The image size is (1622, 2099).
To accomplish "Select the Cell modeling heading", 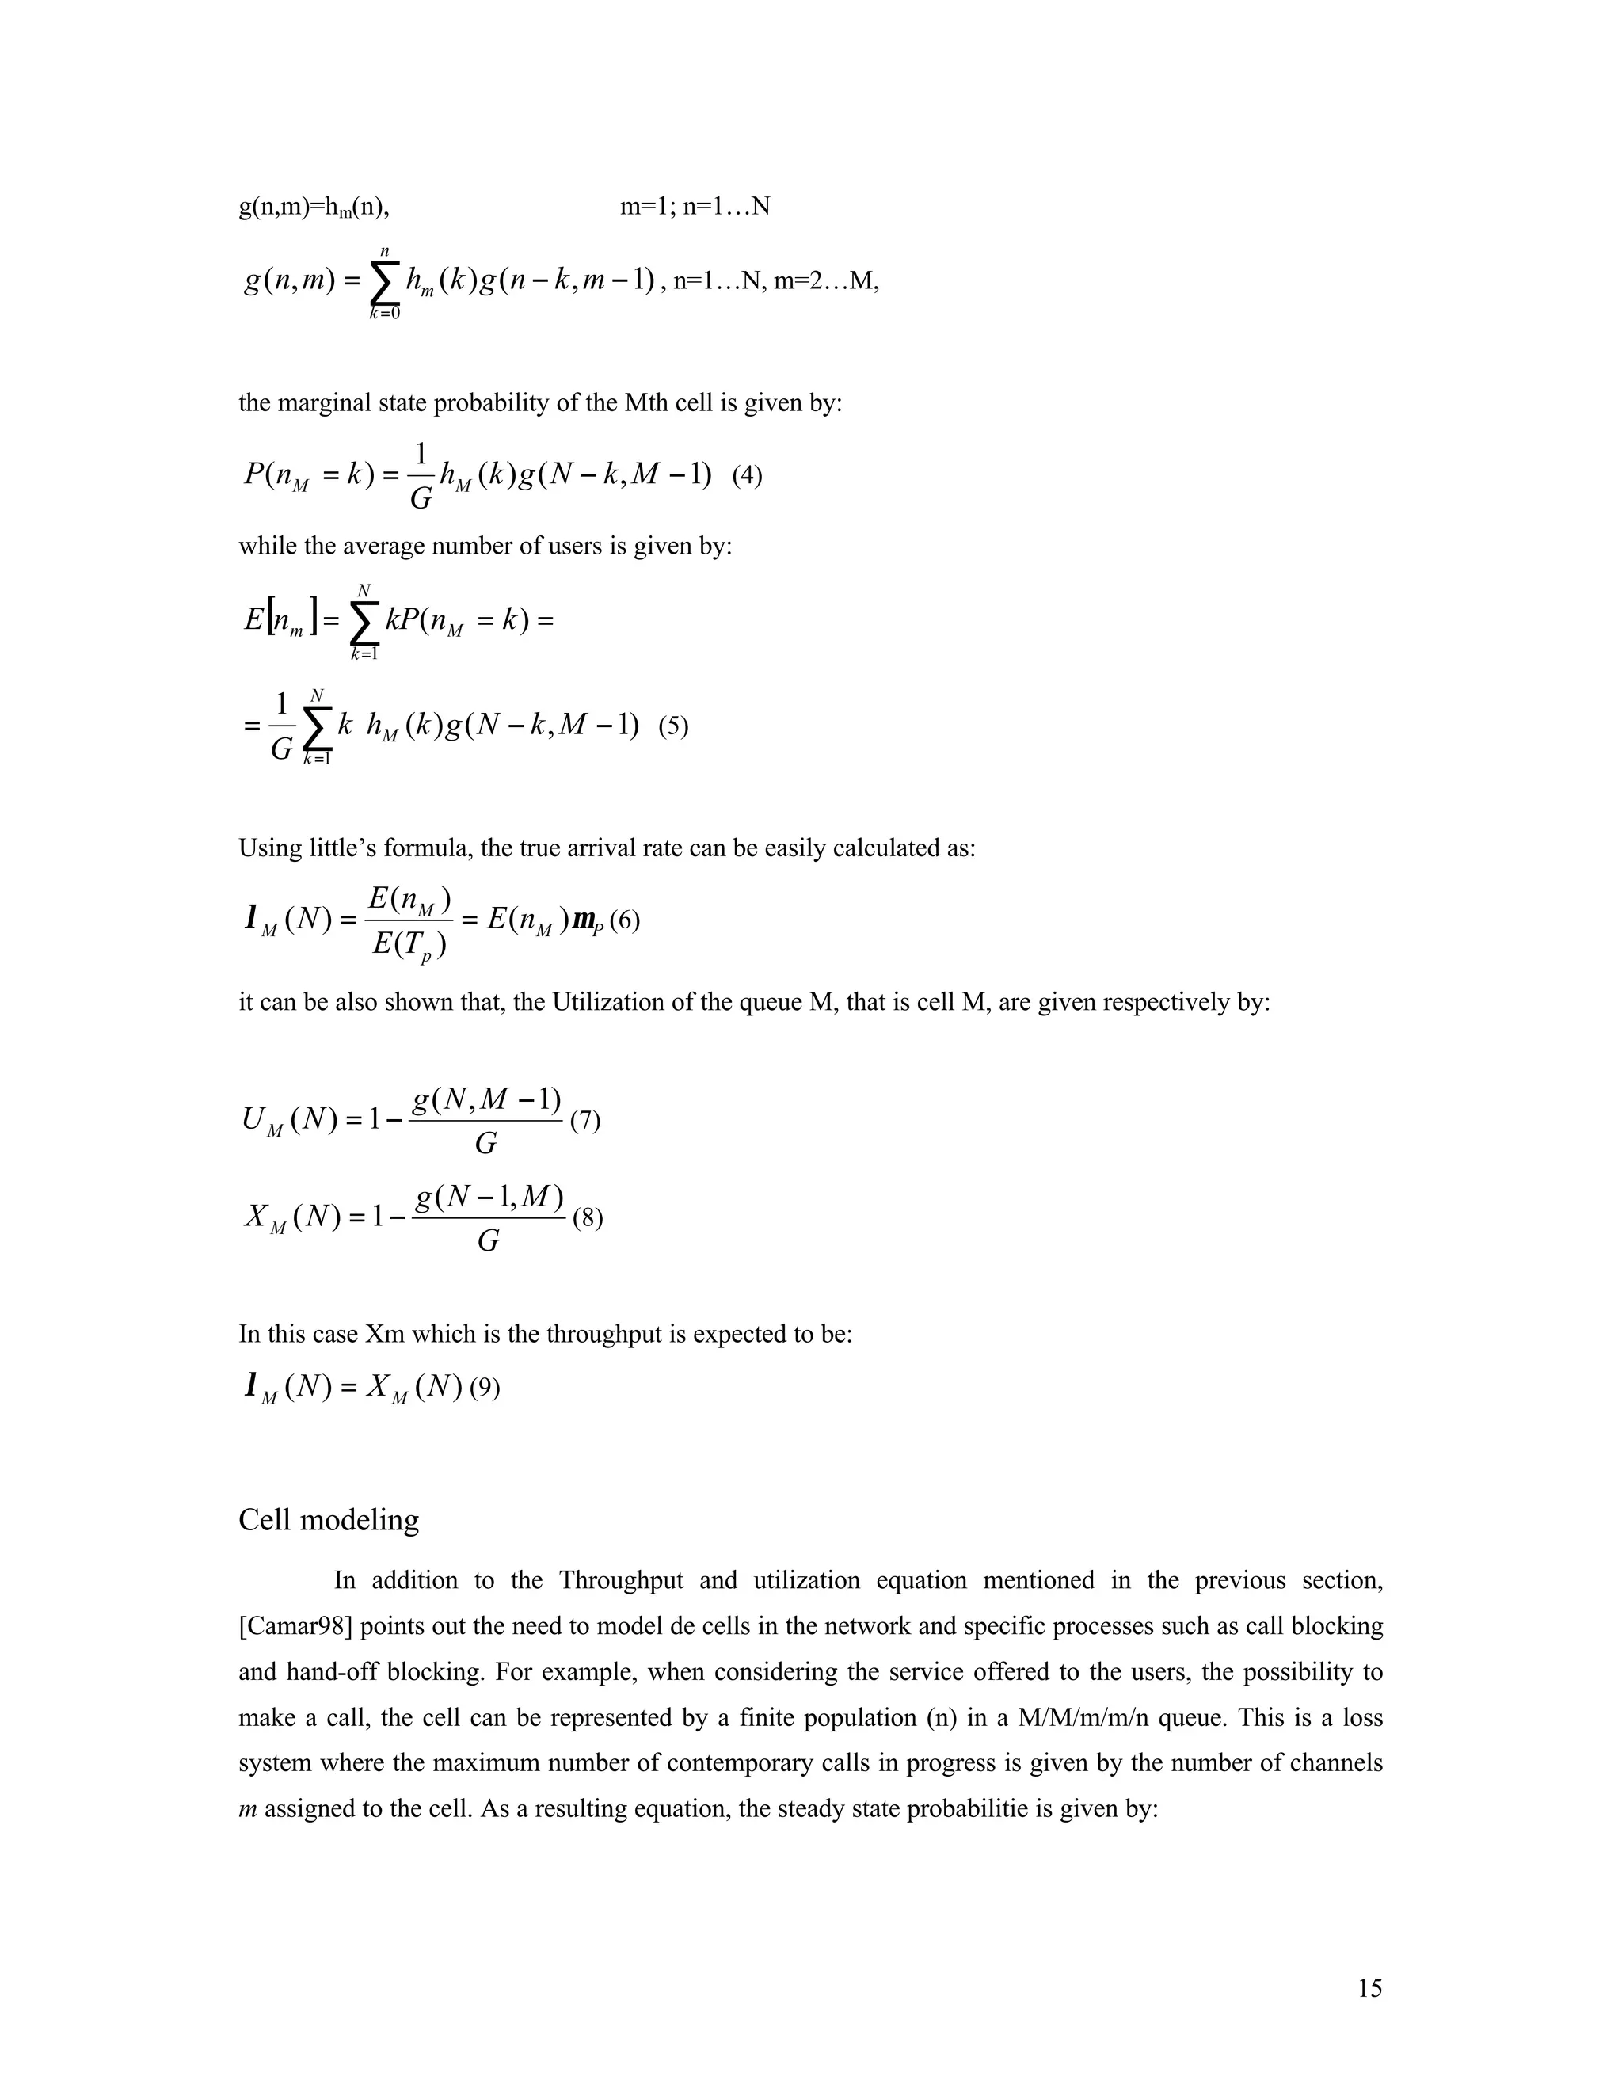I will [329, 1519].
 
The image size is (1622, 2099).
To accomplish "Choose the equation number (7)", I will [585, 1121].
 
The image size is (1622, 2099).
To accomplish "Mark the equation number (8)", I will [587, 1219].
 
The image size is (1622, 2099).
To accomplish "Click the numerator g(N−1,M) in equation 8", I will [488, 1198].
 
